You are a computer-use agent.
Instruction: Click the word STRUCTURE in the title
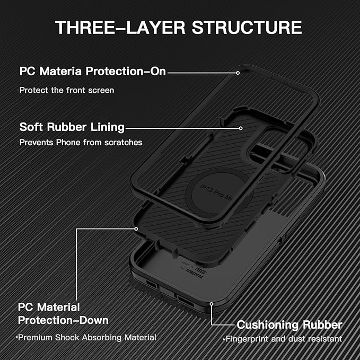click(248, 28)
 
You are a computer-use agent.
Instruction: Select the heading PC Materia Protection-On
click(92, 71)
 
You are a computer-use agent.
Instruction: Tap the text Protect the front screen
click(66, 90)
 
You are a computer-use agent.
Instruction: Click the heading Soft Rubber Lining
click(72, 127)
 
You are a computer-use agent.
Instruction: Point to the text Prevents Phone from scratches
click(81, 143)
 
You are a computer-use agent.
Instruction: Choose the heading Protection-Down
click(63, 320)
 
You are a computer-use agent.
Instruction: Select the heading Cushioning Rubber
click(289, 324)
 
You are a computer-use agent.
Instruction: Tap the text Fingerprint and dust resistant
click(283, 339)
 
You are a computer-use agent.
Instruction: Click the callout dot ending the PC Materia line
click(239, 71)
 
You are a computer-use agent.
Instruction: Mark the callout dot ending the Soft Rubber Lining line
click(241, 128)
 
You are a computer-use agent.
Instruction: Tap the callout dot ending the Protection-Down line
click(136, 229)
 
